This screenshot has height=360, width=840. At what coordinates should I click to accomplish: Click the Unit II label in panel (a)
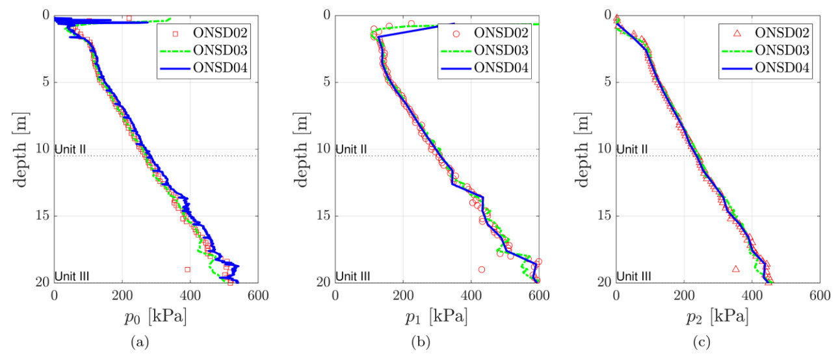[71, 149]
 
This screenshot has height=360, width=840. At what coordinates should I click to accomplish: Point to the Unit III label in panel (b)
[354, 276]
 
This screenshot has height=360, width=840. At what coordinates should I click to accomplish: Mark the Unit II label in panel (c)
[632, 149]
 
